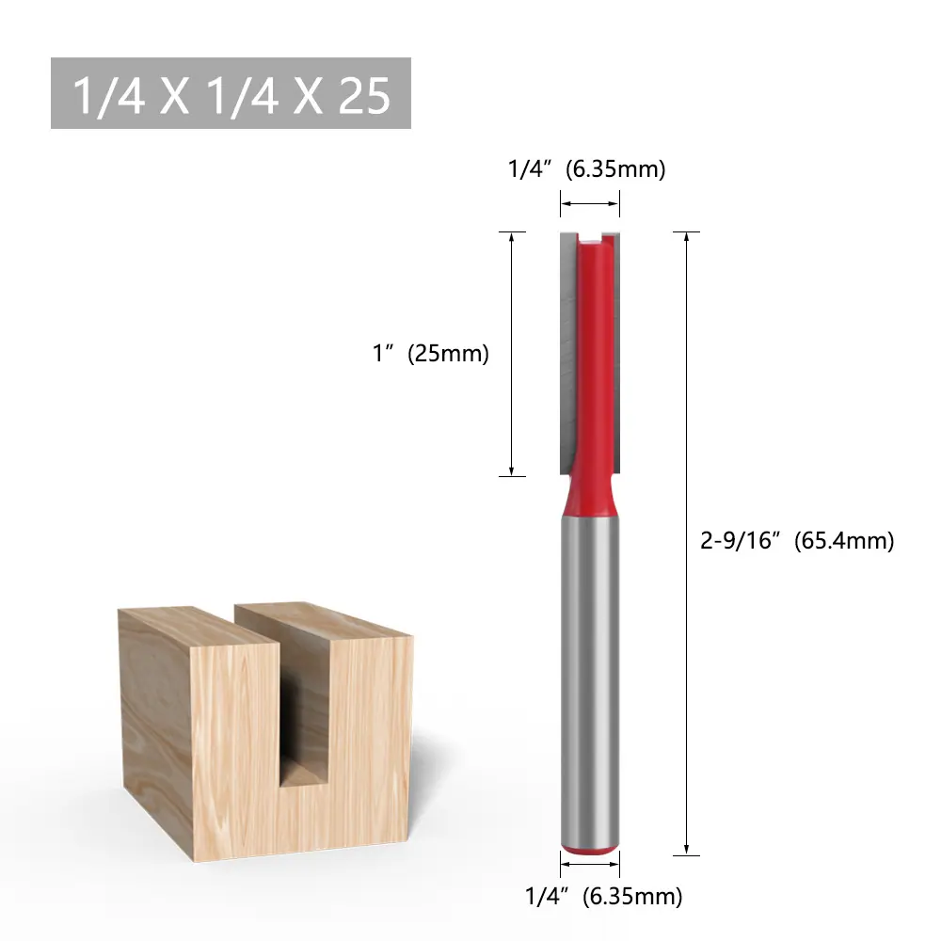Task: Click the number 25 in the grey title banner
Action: coord(364,95)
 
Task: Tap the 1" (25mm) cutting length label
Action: coord(431,354)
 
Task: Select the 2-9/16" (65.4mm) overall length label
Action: coord(797,541)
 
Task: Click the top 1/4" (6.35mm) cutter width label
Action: coord(587,169)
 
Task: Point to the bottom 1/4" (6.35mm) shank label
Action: coord(604,897)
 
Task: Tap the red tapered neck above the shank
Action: coord(590,495)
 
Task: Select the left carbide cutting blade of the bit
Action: coord(568,353)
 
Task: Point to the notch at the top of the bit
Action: coord(590,238)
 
